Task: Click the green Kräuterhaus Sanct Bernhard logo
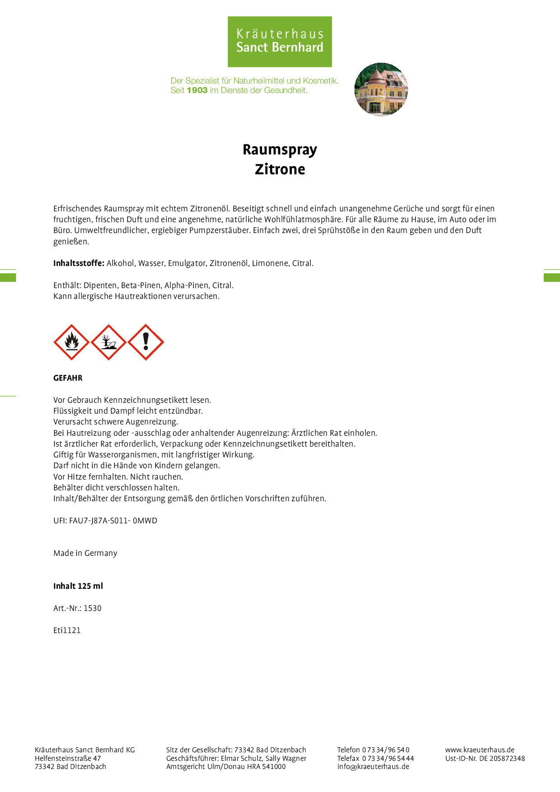(280, 42)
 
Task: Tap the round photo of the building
(381, 89)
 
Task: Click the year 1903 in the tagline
(197, 90)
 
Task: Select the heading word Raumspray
(280, 149)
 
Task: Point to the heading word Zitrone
(280, 169)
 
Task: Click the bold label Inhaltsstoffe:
(79, 263)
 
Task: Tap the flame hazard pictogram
(71, 342)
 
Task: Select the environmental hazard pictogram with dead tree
(108, 342)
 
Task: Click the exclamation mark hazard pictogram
(145, 342)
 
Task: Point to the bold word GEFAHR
(68, 378)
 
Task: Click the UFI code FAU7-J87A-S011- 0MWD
(113, 521)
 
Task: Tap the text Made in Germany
(85, 553)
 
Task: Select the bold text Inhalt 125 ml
(78, 586)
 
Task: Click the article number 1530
(93, 608)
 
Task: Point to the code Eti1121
(67, 630)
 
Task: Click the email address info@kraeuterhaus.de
(373, 766)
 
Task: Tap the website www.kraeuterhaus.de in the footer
(480, 750)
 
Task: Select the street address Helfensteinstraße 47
(68, 758)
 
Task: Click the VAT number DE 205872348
(502, 758)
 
